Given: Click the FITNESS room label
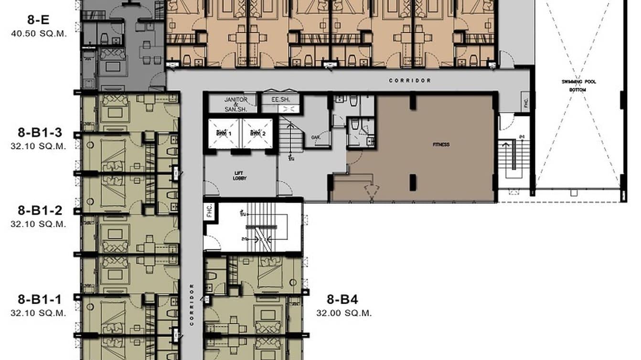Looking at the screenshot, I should tap(441, 145).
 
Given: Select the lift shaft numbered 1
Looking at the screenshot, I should tap(223, 134).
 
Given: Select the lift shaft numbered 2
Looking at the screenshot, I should tap(256, 134).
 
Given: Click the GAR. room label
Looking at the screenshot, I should tap(315, 137).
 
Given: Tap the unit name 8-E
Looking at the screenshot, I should tap(38, 20).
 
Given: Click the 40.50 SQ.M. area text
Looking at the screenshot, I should tap(38, 33).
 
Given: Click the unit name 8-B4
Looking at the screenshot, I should tap(342, 300).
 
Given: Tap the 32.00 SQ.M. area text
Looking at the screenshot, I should tap(344, 313).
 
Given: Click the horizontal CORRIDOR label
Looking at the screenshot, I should tap(410, 81).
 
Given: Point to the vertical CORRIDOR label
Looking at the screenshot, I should tap(192, 305).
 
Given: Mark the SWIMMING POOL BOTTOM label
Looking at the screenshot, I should tap(578, 85).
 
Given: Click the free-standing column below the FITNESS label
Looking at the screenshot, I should tap(413, 182).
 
